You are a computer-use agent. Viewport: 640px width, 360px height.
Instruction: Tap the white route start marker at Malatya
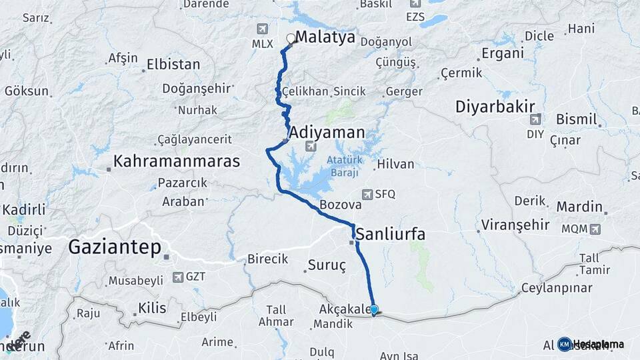tap(291, 39)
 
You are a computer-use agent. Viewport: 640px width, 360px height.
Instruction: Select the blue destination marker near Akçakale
tap(374, 310)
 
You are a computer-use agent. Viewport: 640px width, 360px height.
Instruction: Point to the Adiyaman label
tap(327, 132)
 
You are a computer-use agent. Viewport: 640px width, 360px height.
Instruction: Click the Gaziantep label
tap(114, 248)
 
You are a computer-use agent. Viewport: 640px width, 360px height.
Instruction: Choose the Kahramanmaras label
tap(176, 161)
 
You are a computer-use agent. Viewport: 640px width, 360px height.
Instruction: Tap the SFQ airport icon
tap(367, 194)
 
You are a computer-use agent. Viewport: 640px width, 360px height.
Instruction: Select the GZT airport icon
tap(178, 277)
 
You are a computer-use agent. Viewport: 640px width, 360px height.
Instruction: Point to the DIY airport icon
tap(535, 119)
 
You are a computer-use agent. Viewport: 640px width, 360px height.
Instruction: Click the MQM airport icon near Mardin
tap(594, 229)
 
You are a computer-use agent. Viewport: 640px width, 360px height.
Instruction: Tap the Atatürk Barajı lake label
tap(343, 166)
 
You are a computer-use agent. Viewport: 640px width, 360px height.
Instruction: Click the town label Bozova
tap(341, 205)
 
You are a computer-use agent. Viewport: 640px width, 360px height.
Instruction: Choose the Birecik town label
tap(267, 259)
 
